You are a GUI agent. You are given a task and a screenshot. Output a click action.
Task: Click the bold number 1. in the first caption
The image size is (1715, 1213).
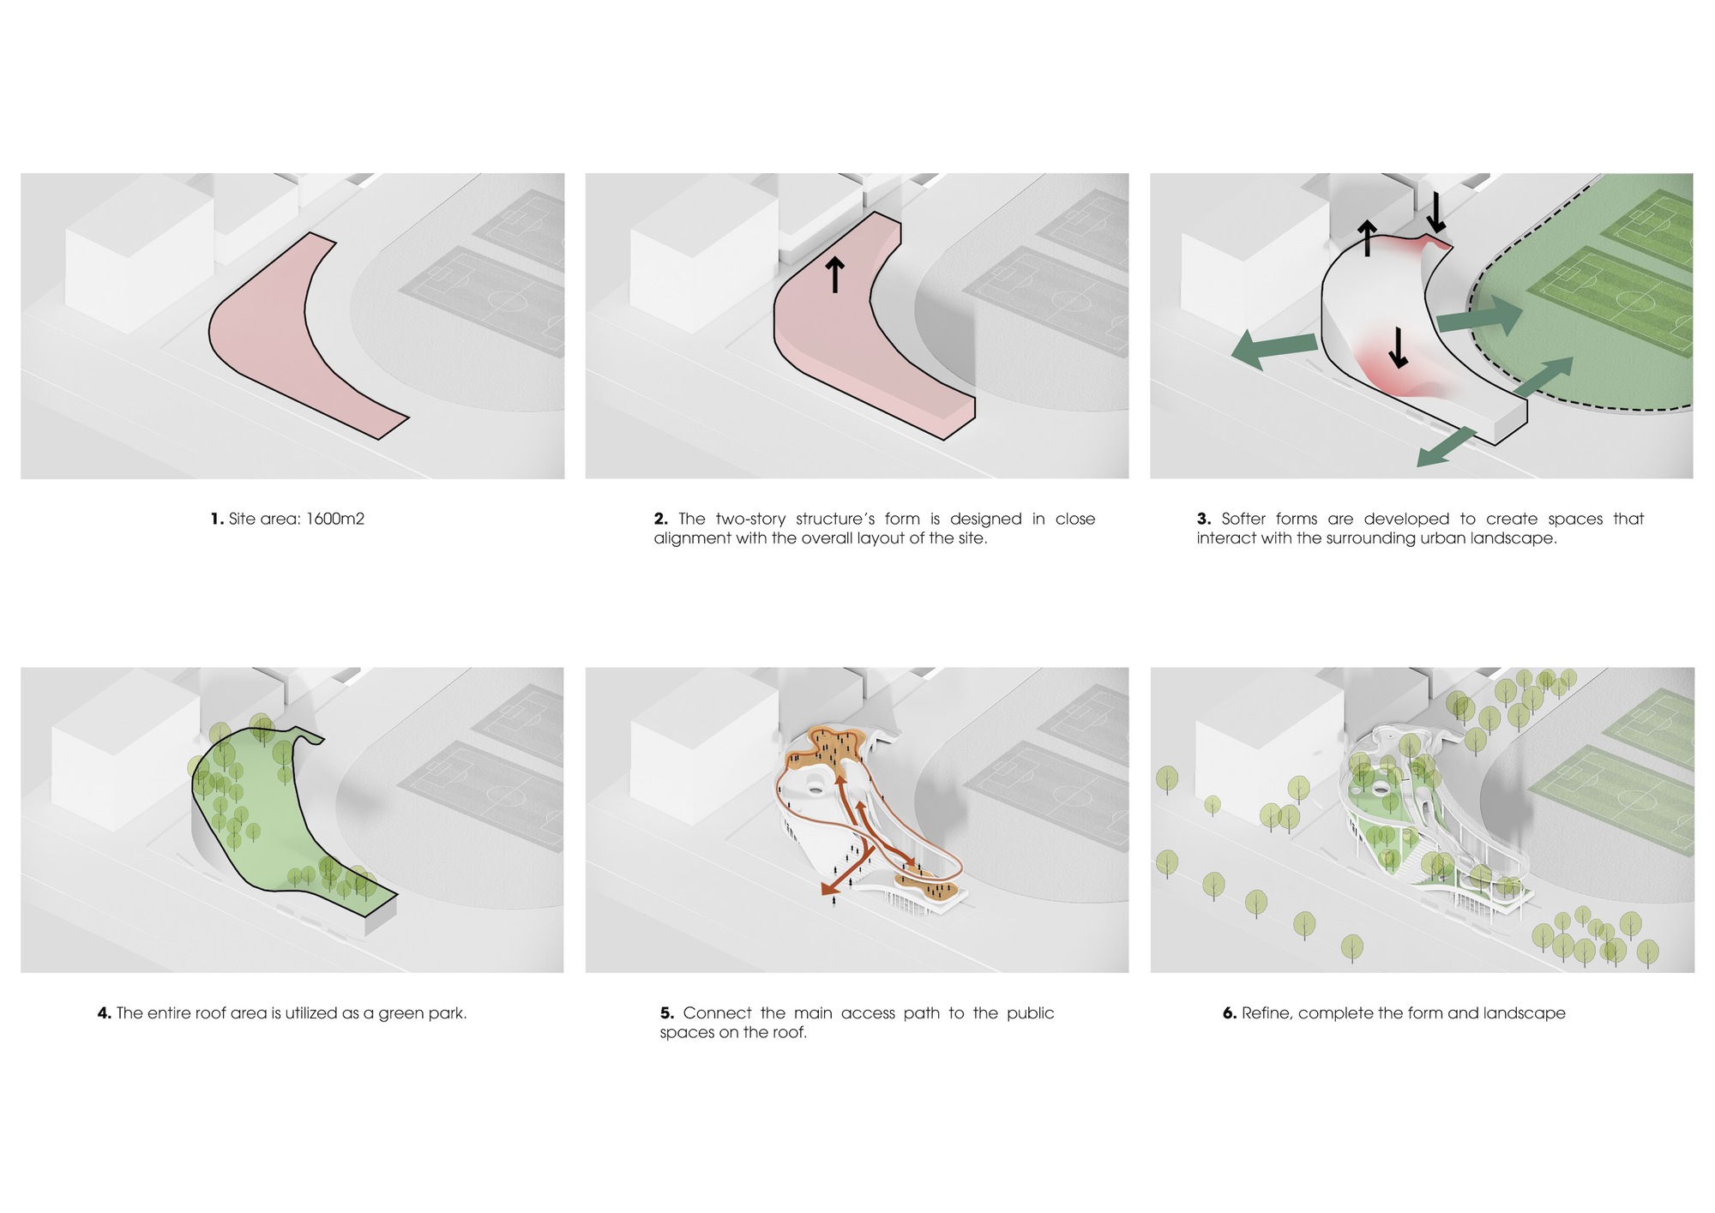tap(217, 519)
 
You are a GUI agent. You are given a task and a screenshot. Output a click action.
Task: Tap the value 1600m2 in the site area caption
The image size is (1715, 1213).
tap(335, 519)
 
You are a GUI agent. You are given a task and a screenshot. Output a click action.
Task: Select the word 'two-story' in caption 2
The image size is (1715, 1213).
tap(750, 519)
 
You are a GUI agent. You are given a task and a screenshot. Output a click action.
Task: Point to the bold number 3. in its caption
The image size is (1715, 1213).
tap(1204, 519)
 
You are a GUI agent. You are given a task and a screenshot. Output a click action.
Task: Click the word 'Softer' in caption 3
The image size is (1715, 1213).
tap(1243, 519)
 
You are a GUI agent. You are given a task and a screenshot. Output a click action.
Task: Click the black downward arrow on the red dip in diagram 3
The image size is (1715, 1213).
tap(1398, 347)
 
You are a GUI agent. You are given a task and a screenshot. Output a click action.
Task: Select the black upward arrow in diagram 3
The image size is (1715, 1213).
tap(1367, 238)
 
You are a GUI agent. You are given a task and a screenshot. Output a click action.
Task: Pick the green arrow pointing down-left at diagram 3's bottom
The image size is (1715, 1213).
tap(1446, 447)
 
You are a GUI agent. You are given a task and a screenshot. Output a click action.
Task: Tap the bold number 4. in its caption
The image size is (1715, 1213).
tap(105, 1013)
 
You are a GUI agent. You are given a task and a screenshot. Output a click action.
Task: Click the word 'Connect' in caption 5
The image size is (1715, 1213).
tap(717, 1013)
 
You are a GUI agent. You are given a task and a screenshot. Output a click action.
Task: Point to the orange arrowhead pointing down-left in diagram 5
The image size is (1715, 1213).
tap(828, 890)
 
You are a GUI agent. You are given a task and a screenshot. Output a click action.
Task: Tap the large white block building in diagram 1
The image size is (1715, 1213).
tap(139, 257)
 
